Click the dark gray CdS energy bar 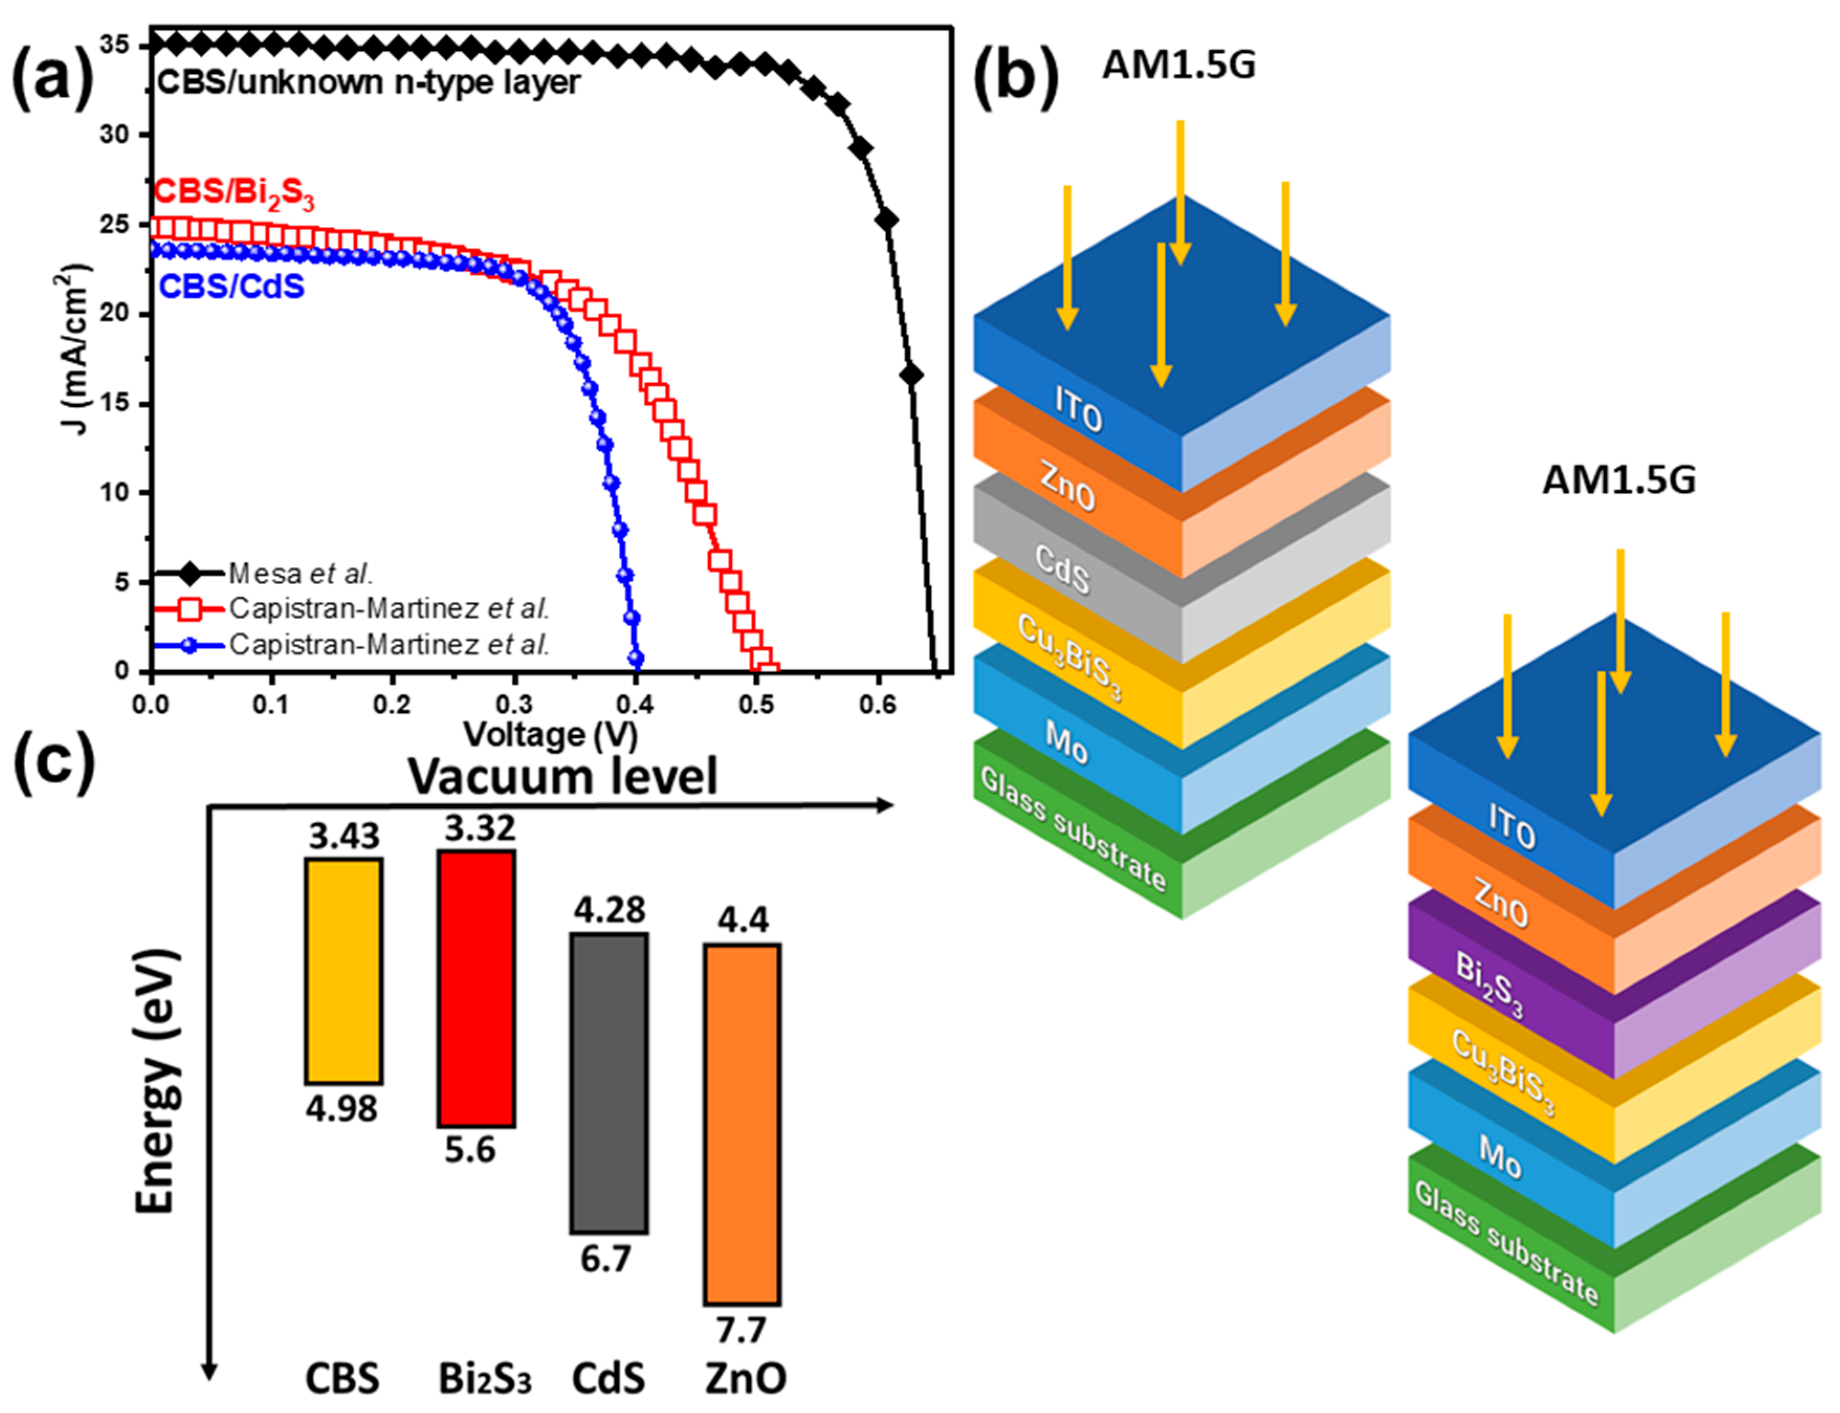(608, 1082)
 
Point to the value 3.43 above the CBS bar (344, 836)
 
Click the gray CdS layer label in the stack (1062, 569)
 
